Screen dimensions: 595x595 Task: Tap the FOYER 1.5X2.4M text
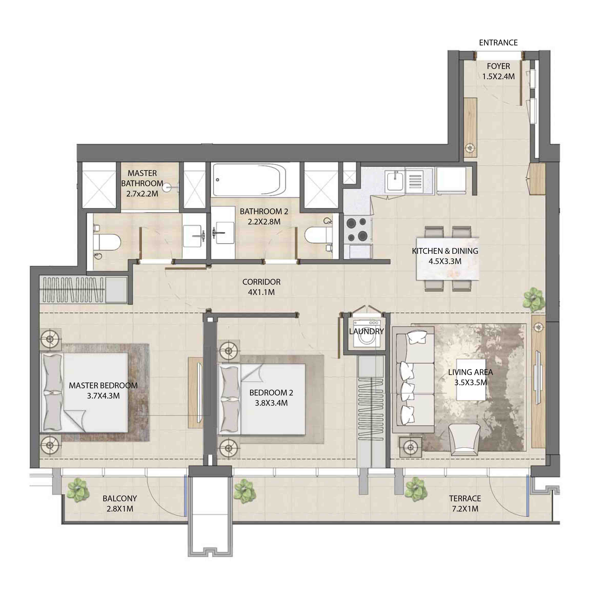pyautogui.click(x=498, y=71)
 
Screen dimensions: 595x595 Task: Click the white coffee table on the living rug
pyautogui.click(x=471, y=379)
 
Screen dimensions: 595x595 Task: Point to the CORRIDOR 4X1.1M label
pyautogui.click(x=261, y=287)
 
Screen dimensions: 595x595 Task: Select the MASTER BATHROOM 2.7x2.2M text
pyautogui.click(x=142, y=183)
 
